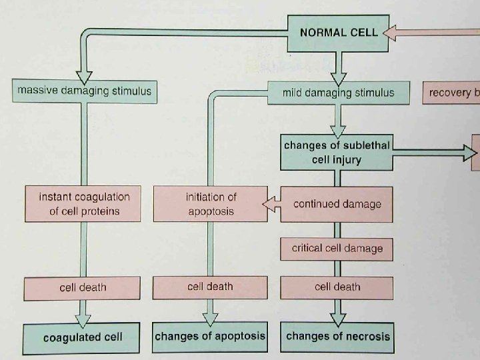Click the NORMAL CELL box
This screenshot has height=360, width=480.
pyautogui.click(x=338, y=31)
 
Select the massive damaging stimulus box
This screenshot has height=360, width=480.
pyautogui.click(x=85, y=91)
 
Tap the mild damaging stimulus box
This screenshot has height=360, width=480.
pyautogui.click(x=338, y=93)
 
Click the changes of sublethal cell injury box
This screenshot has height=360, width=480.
pyautogui.click(x=337, y=153)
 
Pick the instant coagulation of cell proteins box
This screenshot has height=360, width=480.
pyautogui.click(x=84, y=204)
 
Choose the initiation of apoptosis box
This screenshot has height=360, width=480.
pyautogui.click(x=210, y=204)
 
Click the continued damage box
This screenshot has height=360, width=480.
pyautogui.click(x=337, y=203)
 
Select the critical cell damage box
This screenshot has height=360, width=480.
pyautogui.click(x=337, y=249)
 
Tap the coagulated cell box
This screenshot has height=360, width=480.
pyautogui.click(x=83, y=337)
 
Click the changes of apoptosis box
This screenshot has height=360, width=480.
pyautogui.click(x=210, y=336)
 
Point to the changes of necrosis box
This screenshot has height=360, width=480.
pyautogui.click(x=337, y=336)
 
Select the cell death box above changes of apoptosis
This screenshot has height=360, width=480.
pyautogui.click(x=210, y=287)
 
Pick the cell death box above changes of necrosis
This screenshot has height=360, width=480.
pyautogui.click(x=337, y=287)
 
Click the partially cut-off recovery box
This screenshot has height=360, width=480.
pyautogui.click(x=453, y=93)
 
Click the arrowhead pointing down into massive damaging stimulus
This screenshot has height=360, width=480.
pyautogui.click(x=85, y=71)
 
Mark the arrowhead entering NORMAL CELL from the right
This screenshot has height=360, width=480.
pyautogui.click(x=393, y=31)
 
